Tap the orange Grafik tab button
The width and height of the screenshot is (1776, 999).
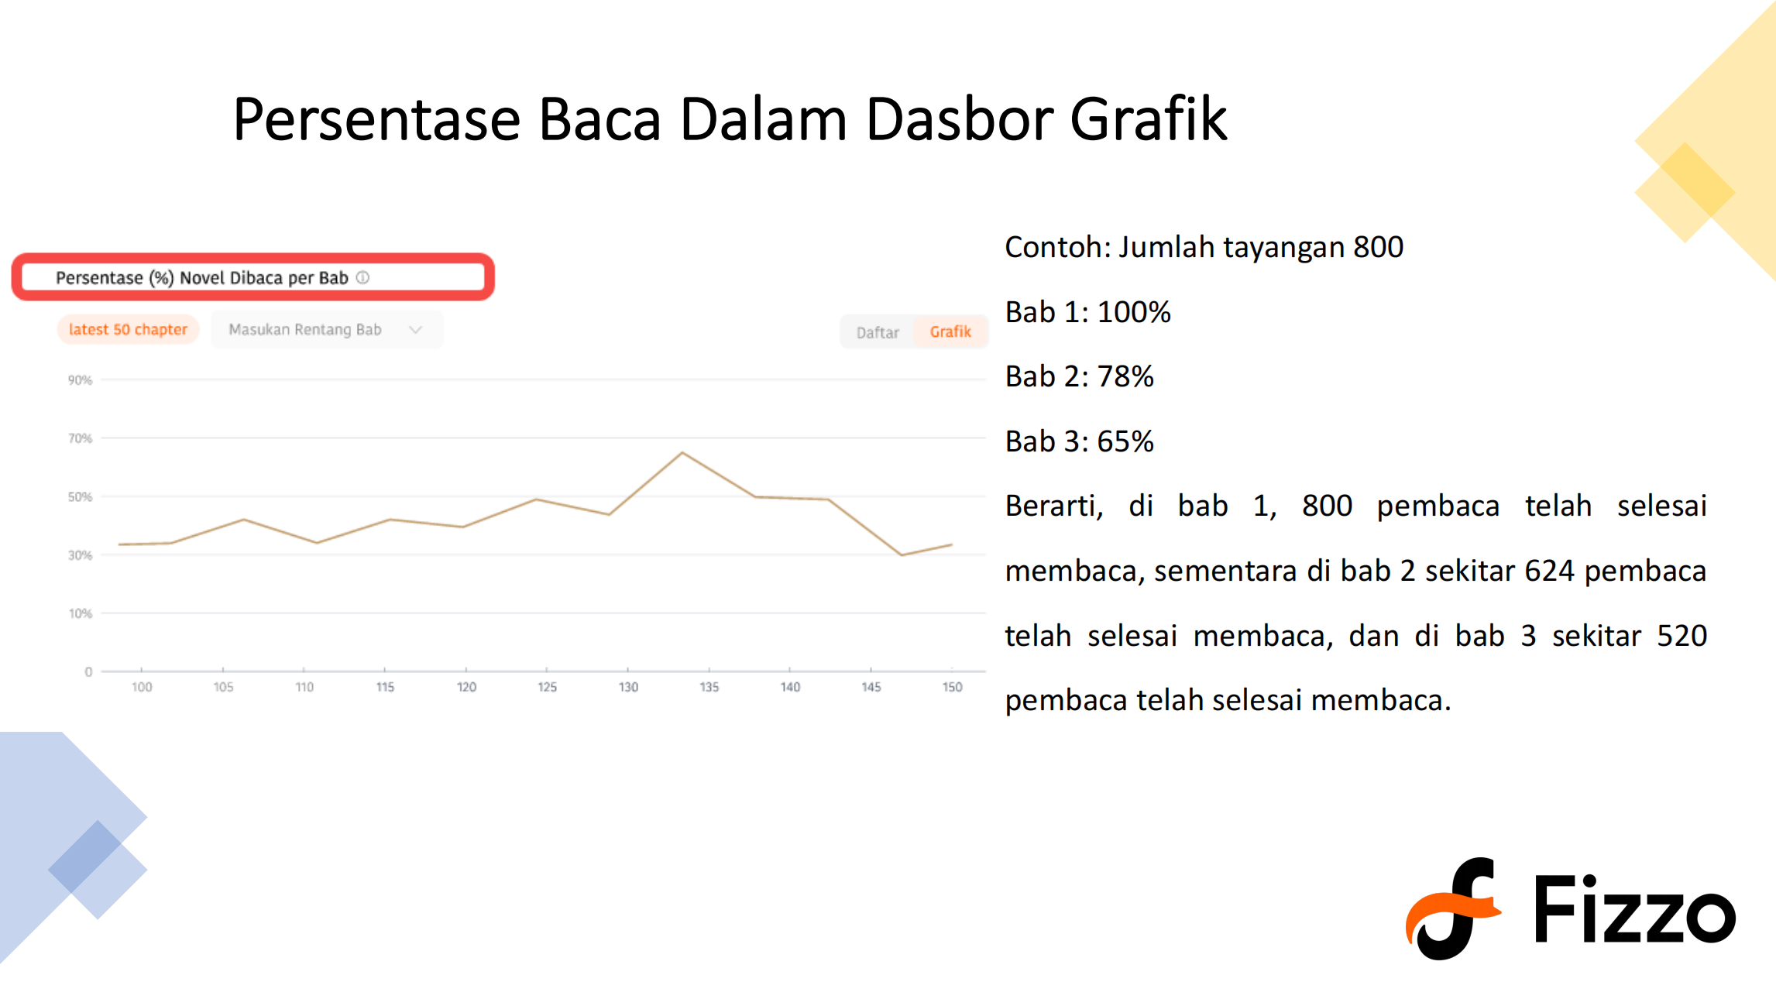[x=950, y=332]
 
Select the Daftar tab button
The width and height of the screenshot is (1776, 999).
[x=878, y=332]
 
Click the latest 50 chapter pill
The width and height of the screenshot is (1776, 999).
[x=128, y=329]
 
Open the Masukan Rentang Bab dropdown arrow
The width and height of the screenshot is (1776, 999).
[x=416, y=330]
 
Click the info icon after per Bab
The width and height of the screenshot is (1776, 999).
[x=362, y=277]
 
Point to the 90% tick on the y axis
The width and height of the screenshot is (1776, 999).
[x=80, y=380]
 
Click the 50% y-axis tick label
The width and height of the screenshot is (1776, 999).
[x=80, y=496]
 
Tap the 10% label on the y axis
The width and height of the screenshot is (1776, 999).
[x=81, y=613]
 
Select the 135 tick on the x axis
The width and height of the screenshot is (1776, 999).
[x=709, y=687]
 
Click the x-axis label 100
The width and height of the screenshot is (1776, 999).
[x=142, y=687]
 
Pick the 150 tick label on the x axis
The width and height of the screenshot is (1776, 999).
[x=952, y=687]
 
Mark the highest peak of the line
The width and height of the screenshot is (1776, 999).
[x=682, y=452]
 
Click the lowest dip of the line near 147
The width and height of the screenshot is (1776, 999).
[x=901, y=554]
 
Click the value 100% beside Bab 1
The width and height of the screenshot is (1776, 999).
[x=1134, y=312]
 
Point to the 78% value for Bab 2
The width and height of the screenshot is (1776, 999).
[x=1125, y=376]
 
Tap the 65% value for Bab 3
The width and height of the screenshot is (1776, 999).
[x=1125, y=441]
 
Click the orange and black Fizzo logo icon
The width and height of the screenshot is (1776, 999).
[x=1452, y=908]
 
